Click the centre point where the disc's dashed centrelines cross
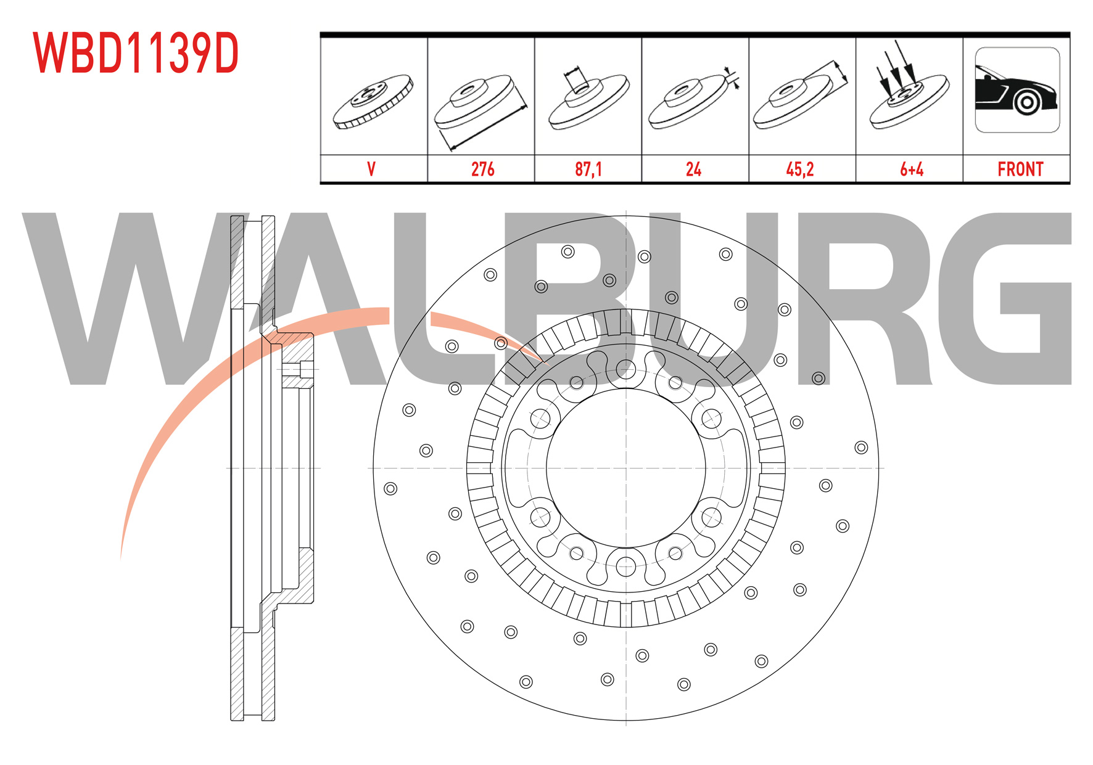pos(626,468)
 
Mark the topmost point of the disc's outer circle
pos(626,215)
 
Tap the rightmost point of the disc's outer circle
pos(879,468)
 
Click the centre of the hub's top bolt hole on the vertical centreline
pos(626,369)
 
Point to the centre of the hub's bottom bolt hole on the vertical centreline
pos(626,566)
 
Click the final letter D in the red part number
pos(225,54)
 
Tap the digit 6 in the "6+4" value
pos(904,170)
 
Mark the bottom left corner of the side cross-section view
pos(231,720)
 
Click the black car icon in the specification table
pos(1017,90)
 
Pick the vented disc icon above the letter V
pos(373,102)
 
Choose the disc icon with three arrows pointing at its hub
pos(909,89)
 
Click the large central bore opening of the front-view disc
pos(626,468)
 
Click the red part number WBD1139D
pos(136,54)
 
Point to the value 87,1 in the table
pos(588,170)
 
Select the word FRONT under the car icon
pos(1020,170)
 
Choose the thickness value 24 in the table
pos(693,170)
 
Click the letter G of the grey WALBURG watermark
pos(1005,299)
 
